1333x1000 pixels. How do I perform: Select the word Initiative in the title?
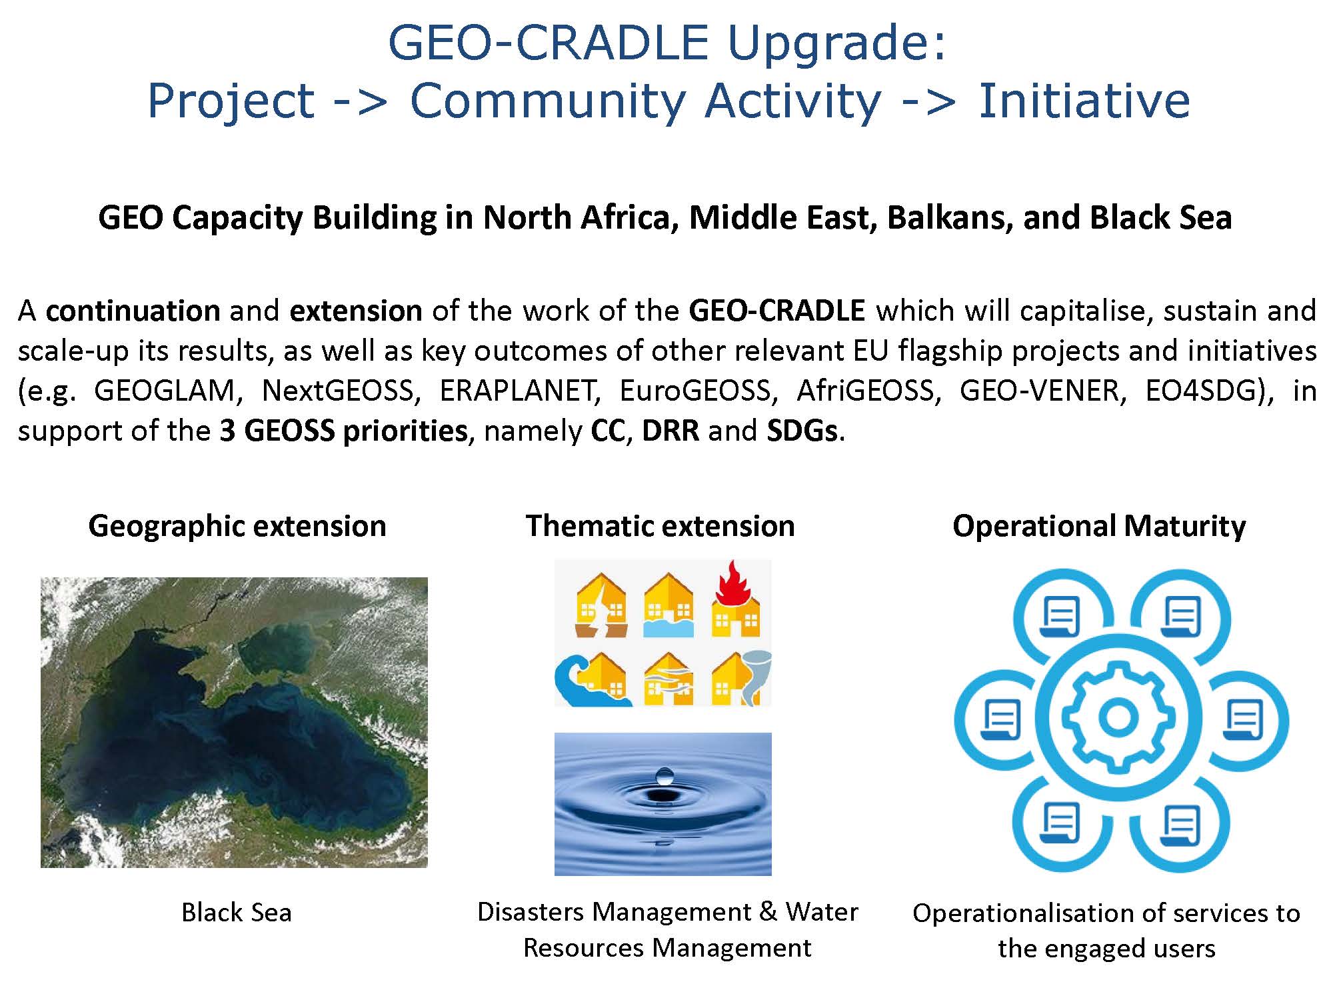pos(1084,101)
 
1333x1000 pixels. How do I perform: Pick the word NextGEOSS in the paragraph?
pos(341,390)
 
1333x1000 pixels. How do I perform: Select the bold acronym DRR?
pos(670,431)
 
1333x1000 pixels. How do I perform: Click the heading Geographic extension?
pos(237,526)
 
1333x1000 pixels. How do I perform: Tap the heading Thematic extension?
pos(661,526)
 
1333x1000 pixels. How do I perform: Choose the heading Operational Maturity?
pos(1099,526)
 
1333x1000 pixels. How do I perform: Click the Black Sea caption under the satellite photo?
pos(237,912)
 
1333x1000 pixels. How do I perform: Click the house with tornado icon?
pos(741,679)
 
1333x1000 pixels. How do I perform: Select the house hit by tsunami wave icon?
pos(592,679)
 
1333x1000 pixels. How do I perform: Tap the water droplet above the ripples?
pos(665,775)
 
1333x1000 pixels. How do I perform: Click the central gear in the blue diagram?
pos(1118,717)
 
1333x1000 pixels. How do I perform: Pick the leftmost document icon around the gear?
pos(1001,720)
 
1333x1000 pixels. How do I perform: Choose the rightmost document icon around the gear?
pos(1243,720)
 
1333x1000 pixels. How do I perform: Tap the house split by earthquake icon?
pos(601,605)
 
